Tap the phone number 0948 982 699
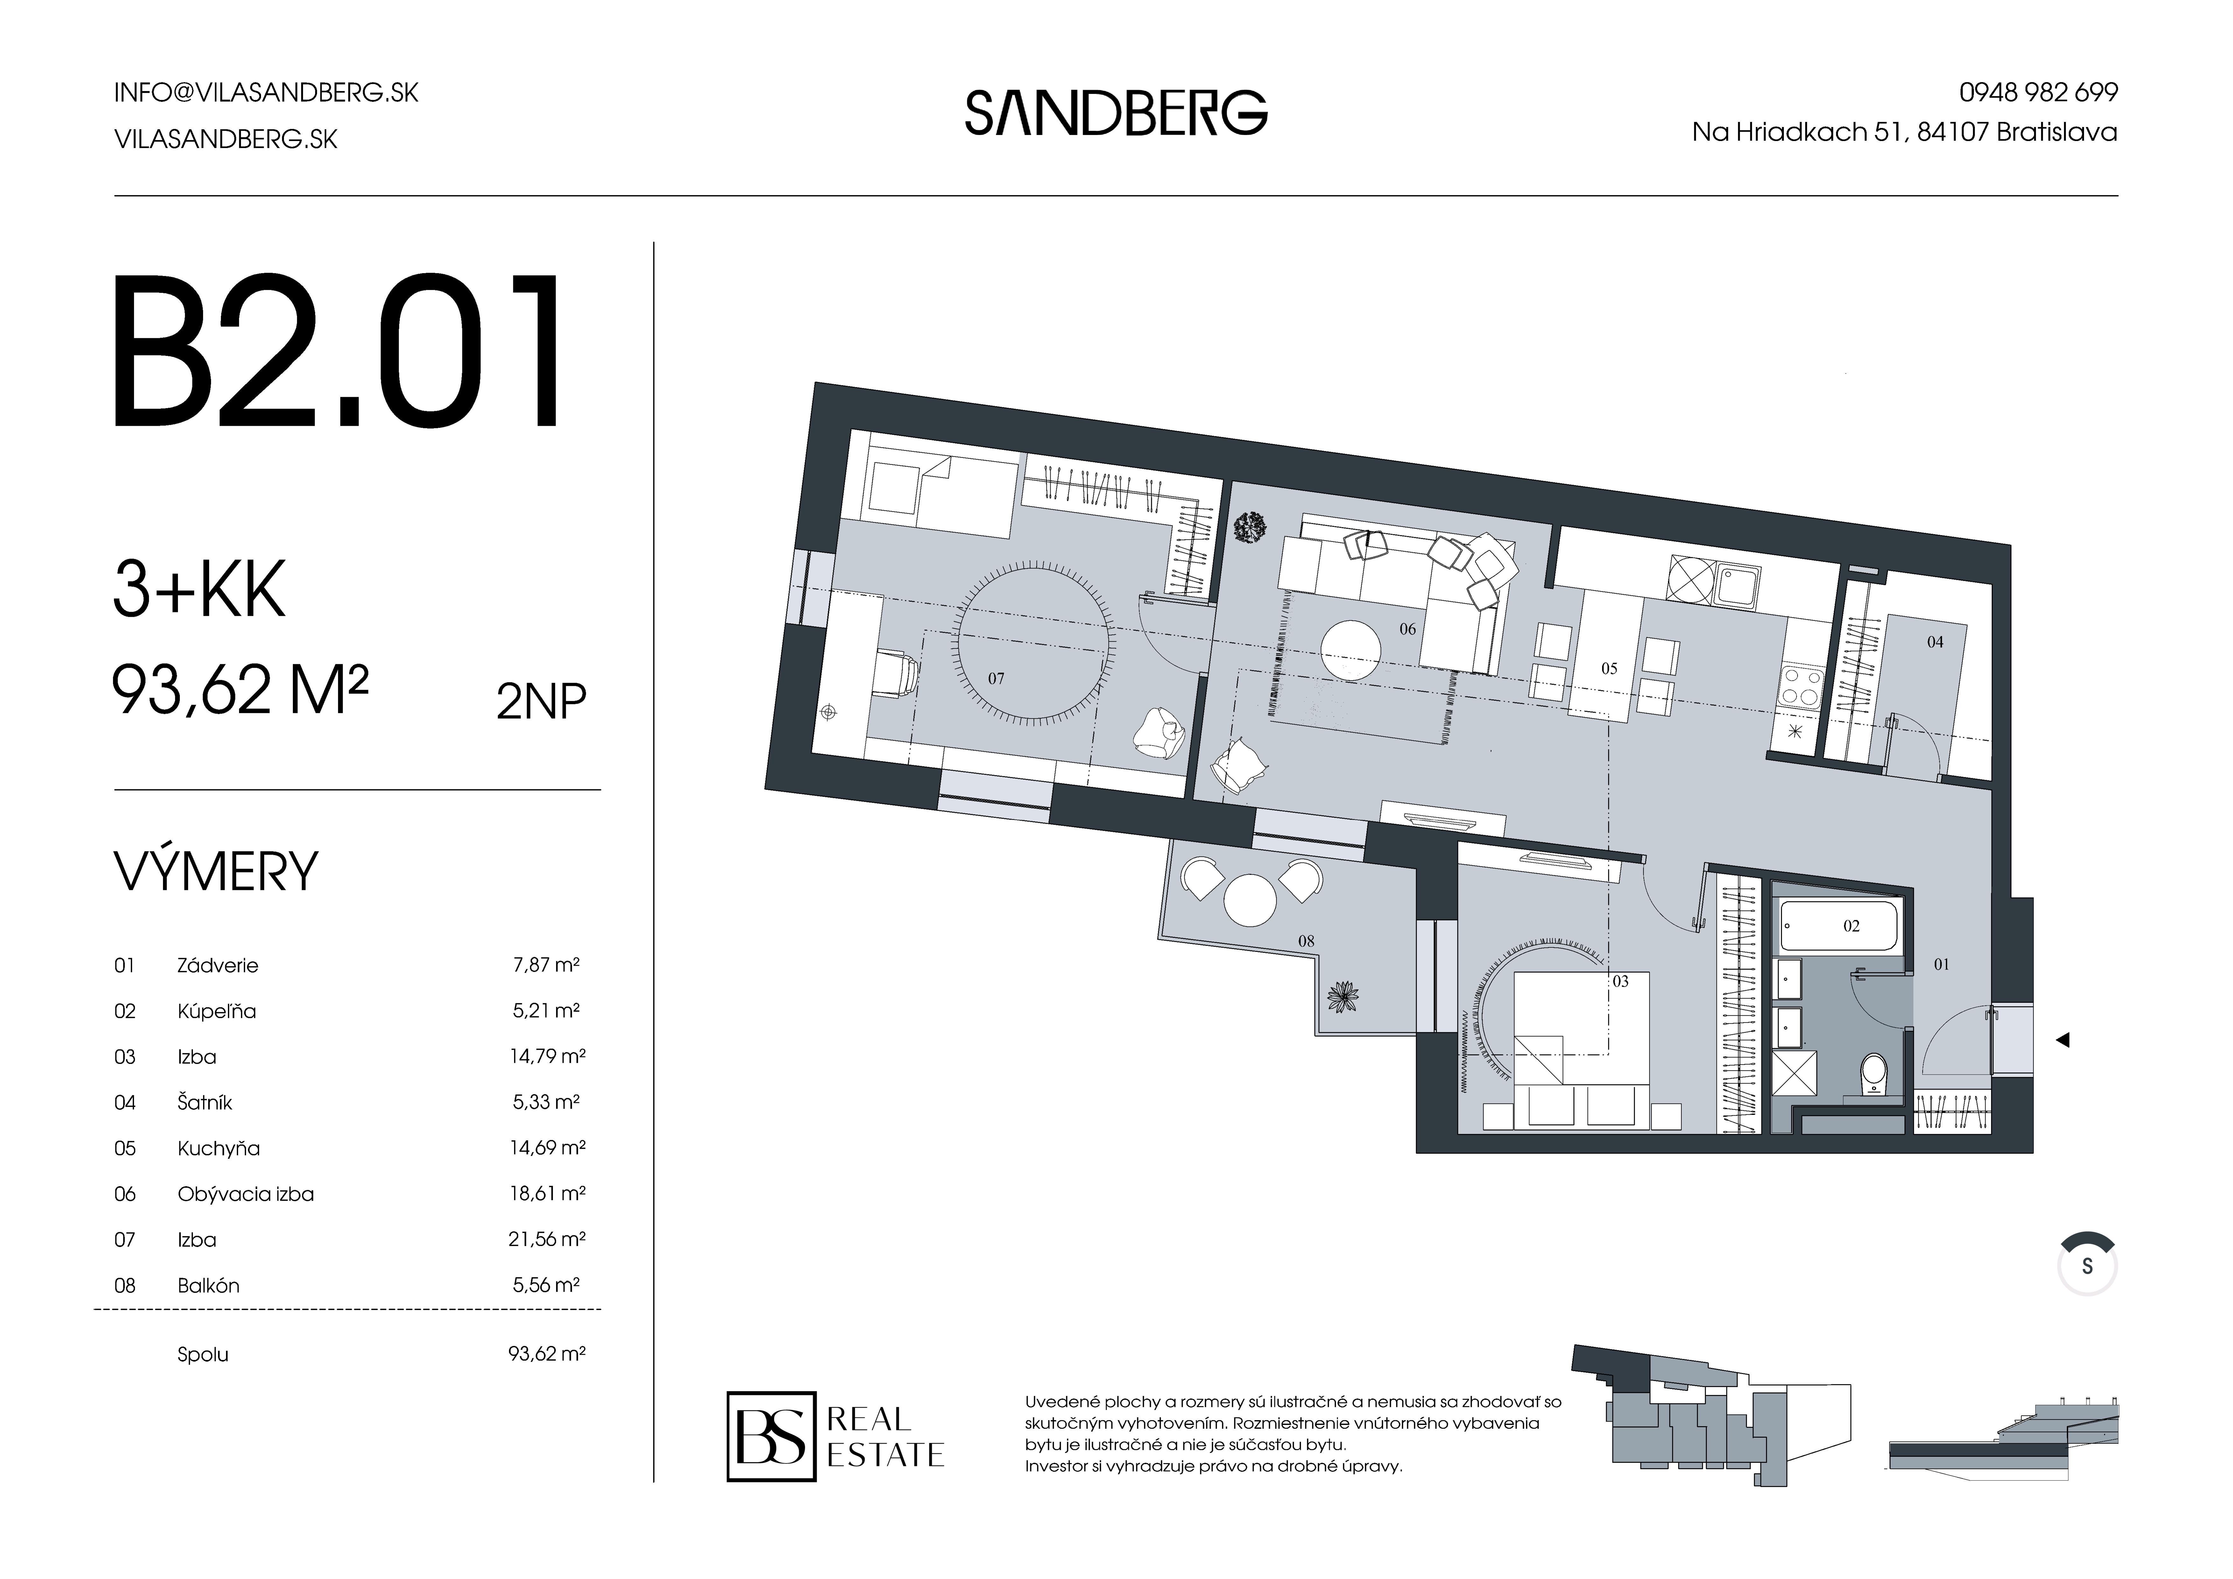[x=2038, y=92]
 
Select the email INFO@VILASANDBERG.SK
[x=265, y=92]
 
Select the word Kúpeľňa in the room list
[x=216, y=1011]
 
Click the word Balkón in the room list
[x=208, y=1285]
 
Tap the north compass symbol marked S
[x=2086, y=1267]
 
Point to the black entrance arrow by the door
[x=2062, y=1040]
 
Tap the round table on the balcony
[x=1250, y=900]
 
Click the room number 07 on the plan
[x=996, y=678]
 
